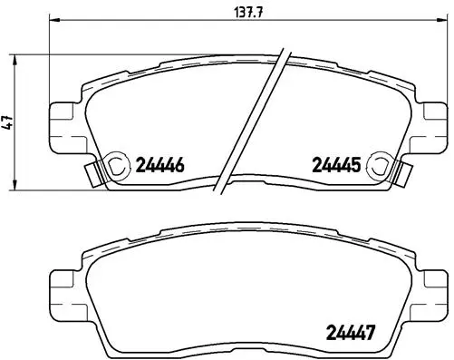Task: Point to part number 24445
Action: [336, 165]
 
